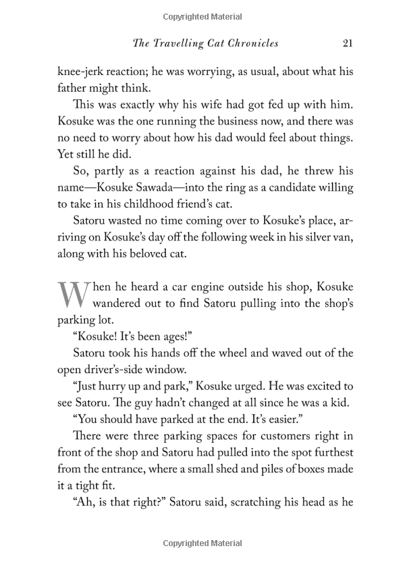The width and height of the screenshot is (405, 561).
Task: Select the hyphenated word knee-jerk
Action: coord(83,72)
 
